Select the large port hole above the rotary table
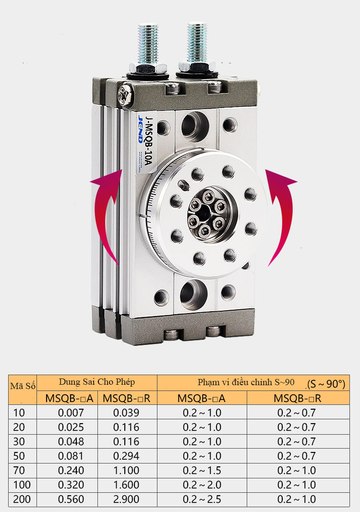tap(195, 127)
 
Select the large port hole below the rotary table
tap(193, 294)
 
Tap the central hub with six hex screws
tap(207, 214)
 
